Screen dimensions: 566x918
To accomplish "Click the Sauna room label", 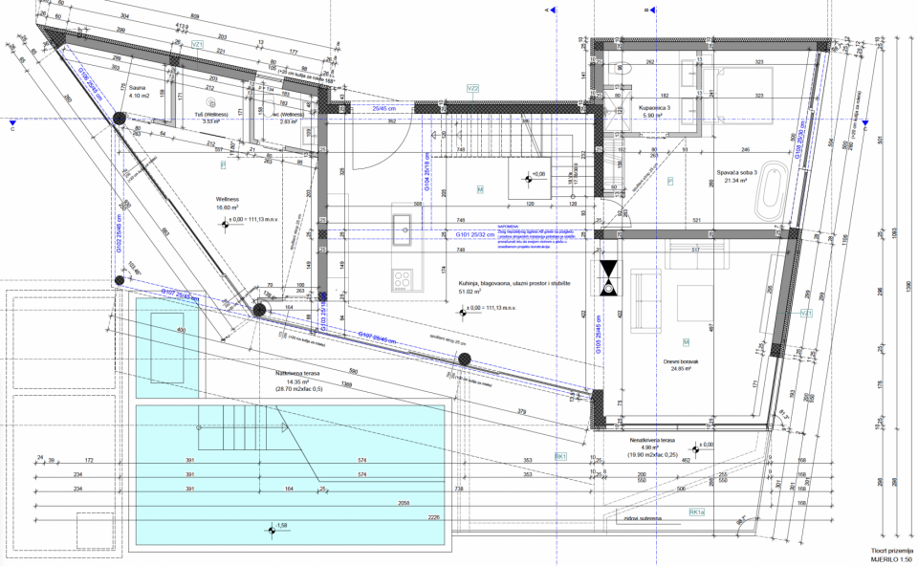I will tap(140, 87).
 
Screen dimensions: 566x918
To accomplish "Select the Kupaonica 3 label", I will tap(655, 109).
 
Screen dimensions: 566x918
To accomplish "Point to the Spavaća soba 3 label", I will tap(737, 172).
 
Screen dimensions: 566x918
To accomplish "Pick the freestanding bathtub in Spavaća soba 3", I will tap(771, 192).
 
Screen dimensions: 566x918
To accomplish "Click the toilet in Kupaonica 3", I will tap(623, 67).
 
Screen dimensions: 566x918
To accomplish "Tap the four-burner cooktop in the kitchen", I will tap(403, 280).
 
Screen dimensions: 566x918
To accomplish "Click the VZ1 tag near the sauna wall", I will tap(199, 45).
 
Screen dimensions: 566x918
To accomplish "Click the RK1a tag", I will tap(697, 512).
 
